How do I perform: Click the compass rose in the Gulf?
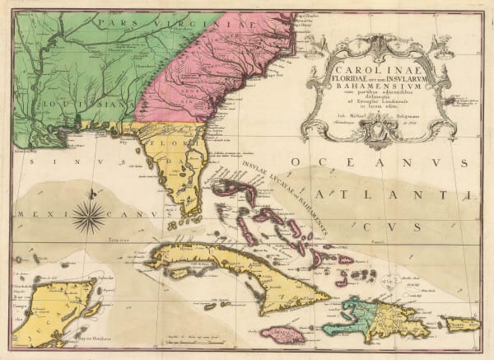pyautogui.click(x=89, y=217)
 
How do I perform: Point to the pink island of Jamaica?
pyautogui.click(x=282, y=333)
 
